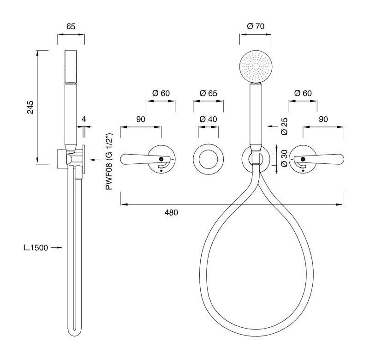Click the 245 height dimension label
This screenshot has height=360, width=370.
click(x=30, y=107)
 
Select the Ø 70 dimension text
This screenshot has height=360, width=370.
click(x=256, y=26)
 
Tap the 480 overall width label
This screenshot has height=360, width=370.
click(x=171, y=213)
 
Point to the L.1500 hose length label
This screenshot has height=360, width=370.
click(x=36, y=248)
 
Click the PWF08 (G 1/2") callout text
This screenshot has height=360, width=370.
click(x=109, y=162)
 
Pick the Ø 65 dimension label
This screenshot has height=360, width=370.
click(x=209, y=93)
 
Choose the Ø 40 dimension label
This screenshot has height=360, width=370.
click(x=209, y=119)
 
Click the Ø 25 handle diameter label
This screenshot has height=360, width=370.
click(x=285, y=126)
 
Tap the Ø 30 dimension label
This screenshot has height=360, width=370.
click(x=285, y=158)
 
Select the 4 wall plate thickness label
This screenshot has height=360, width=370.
click(x=84, y=119)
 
